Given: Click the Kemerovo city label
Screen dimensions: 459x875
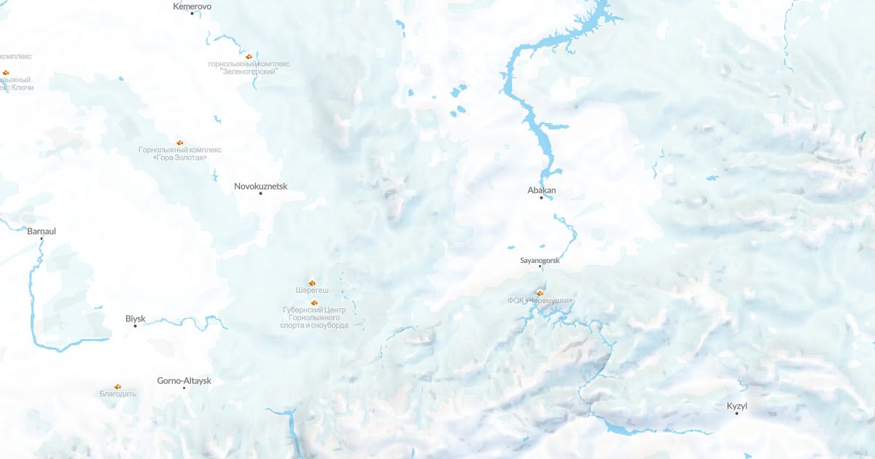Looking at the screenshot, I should coord(192,6).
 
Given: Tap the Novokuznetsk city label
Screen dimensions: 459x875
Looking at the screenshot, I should coord(260,186).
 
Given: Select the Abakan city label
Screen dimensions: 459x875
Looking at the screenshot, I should coord(542,190).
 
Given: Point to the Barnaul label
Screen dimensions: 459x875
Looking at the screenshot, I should coord(42,231).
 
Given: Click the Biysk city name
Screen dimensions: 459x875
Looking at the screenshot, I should coord(136,318).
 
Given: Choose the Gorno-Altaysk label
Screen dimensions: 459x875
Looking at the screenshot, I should coord(184,380).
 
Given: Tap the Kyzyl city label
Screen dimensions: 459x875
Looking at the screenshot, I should coord(737,406).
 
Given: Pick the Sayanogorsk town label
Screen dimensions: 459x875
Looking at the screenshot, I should coord(540,259).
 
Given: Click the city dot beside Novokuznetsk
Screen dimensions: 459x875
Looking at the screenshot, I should coord(260,193).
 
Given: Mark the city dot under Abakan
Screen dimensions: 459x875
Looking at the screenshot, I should coord(541,197).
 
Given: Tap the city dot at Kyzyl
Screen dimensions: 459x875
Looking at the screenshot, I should coord(736,413).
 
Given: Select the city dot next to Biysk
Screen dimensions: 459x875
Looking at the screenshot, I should coord(135,326).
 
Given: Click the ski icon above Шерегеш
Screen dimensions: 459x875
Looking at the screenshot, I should coord(311,282).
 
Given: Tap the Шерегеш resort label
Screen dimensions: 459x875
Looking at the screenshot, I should coord(312,290).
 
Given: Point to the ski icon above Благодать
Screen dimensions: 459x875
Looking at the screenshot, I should coord(117,386).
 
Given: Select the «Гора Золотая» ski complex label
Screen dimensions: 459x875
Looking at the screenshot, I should coord(180,154).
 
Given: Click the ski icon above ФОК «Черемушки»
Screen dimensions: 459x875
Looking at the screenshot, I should coord(540,293).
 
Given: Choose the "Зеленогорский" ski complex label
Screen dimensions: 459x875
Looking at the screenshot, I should coord(249,68).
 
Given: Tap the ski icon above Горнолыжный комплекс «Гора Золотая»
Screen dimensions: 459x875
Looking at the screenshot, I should coord(179,142).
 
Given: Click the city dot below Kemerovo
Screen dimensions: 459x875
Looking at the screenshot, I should coord(192,13).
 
